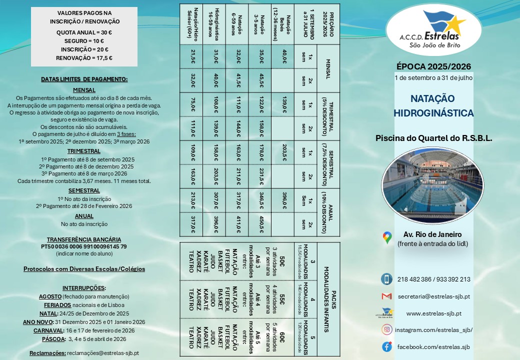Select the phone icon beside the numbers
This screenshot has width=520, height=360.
[x=386, y=279]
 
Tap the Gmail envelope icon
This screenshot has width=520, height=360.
[x=386, y=296]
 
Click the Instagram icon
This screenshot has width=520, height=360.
[x=386, y=329]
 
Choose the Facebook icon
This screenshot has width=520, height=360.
[x=386, y=346]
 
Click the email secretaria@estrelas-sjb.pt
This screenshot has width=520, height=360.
[x=433, y=296]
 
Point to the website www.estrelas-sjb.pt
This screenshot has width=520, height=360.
[x=433, y=313]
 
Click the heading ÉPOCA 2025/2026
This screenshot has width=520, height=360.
[x=433, y=66]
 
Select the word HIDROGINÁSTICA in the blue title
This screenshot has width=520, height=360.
[x=433, y=113]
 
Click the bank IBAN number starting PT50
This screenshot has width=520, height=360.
[x=84, y=246]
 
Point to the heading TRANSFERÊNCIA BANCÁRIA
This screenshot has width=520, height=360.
[x=84, y=239]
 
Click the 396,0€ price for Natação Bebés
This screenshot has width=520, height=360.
[x=284, y=200]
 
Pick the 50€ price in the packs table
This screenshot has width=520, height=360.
[x=282, y=260]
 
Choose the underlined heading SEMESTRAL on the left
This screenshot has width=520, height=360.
[x=84, y=190]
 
